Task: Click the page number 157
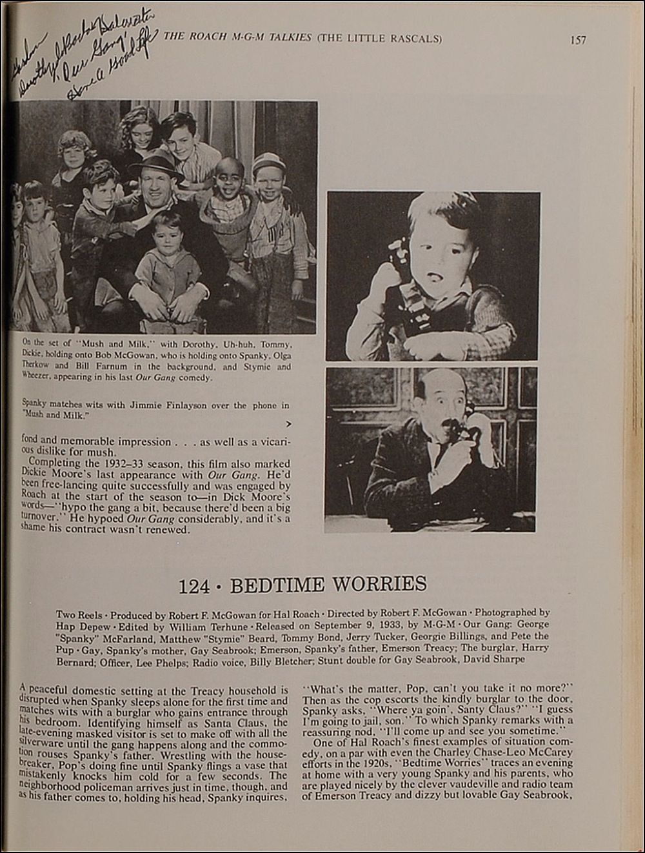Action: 578,40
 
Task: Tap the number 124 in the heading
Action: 194,586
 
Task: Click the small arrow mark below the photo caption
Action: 288,424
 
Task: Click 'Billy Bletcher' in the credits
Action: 338,659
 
